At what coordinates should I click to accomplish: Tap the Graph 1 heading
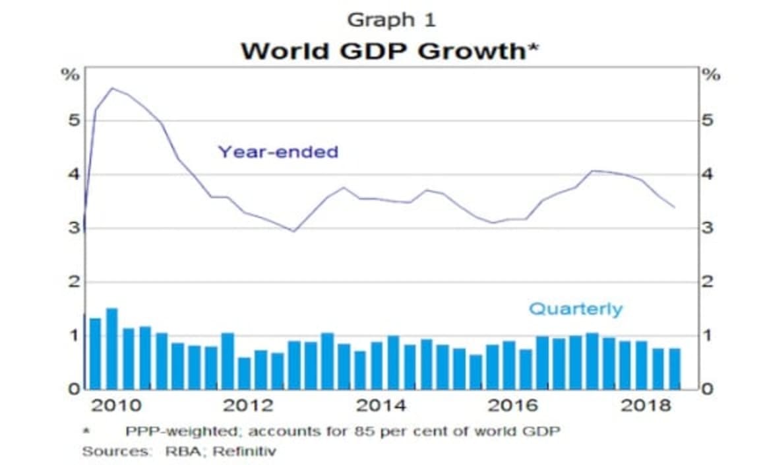click(x=391, y=20)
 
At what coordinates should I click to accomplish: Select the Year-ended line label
click(x=278, y=152)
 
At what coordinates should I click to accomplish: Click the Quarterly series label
click(x=576, y=309)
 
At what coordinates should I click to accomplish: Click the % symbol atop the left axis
click(x=72, y=75)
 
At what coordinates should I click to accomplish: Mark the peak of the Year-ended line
click(x=111, y=88)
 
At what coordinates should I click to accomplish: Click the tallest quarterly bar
click(x=111, y=349)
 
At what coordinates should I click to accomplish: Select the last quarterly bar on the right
click(x=675, y=369)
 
